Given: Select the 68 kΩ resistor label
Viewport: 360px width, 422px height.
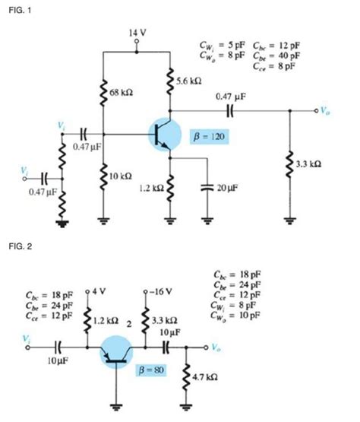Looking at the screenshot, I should coord(122,92).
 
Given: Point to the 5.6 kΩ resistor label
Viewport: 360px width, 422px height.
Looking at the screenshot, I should coord(188,80).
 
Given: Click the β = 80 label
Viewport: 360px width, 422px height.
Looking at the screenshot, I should coord(148,370).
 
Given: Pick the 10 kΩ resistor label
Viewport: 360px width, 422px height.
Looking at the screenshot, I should coord(122,176).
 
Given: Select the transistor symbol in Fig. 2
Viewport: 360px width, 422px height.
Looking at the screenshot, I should coord(118,351).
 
